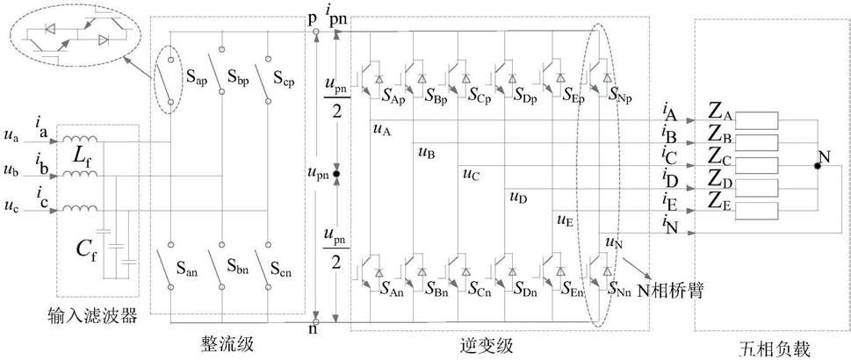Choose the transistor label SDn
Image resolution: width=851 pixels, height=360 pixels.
point(525,287)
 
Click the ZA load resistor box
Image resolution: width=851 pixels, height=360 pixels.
point(756,120)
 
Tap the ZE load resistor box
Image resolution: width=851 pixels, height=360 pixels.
point(756,210)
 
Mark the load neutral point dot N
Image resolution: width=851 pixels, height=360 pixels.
point(817,165)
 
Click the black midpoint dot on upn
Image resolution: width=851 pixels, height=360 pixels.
point(336,174)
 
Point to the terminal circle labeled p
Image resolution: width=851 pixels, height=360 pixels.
point(316,32)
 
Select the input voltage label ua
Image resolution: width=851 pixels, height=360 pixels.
point(11,138)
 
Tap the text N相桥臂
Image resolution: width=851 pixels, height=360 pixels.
point(670,291)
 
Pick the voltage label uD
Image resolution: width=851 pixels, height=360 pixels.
point(518,197)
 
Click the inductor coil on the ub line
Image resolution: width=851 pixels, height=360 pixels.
point(80,174)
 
